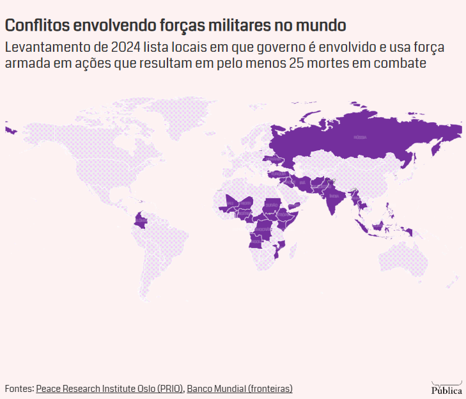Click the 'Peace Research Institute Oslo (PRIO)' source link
[110, 388]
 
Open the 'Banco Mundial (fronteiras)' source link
[240, 388]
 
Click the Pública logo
[446, 387]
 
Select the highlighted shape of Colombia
[140, 222]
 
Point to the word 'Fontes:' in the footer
[19, 388]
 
